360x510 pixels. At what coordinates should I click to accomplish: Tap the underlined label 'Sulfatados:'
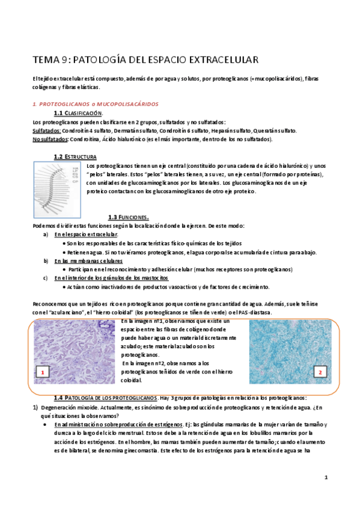coord(46,131)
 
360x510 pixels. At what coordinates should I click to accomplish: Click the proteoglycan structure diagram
coord(58,183)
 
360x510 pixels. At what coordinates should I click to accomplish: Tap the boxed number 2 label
coord(320,372)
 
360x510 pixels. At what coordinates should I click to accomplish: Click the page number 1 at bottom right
coord(325,478)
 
